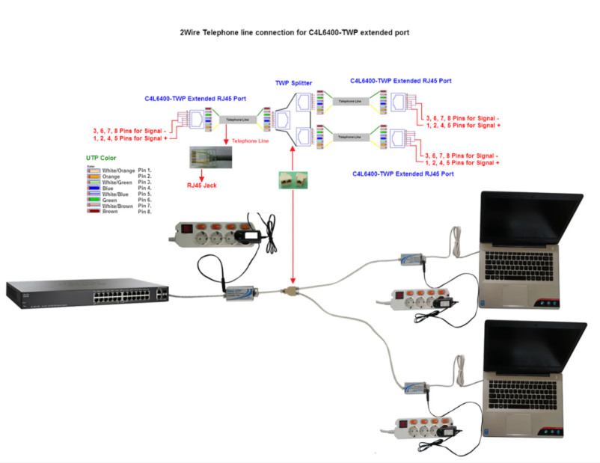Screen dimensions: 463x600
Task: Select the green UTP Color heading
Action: [x=102, y=158]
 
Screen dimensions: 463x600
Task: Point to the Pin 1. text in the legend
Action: [x=145, y=170]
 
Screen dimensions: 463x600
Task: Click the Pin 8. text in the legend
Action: [x=145, y=212]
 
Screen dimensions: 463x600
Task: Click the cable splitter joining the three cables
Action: [x=290, y=290]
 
